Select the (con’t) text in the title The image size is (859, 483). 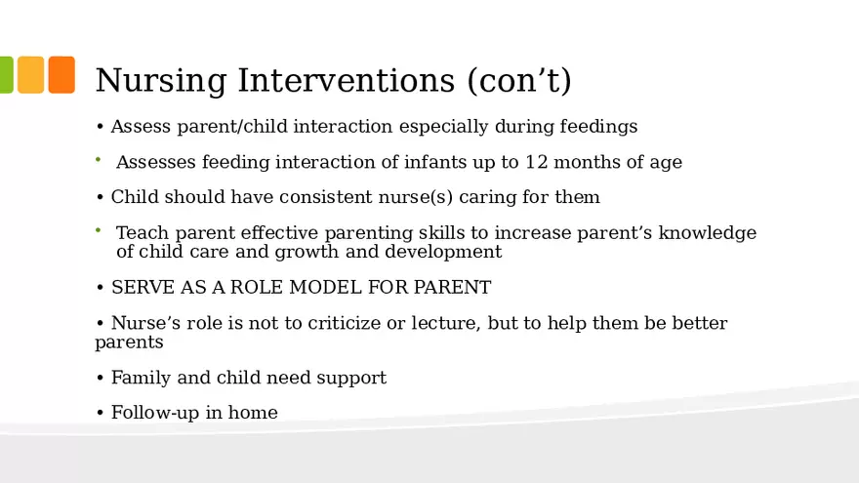click(x=519, y=81)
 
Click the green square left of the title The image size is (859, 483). click(x=5, y=75)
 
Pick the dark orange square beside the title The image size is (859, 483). click(x=61, y=75)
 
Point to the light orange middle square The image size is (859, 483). click(x=30, y=75)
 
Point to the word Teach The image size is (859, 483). click(x=140, y=233)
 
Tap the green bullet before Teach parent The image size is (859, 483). click(x=99, y=230)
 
